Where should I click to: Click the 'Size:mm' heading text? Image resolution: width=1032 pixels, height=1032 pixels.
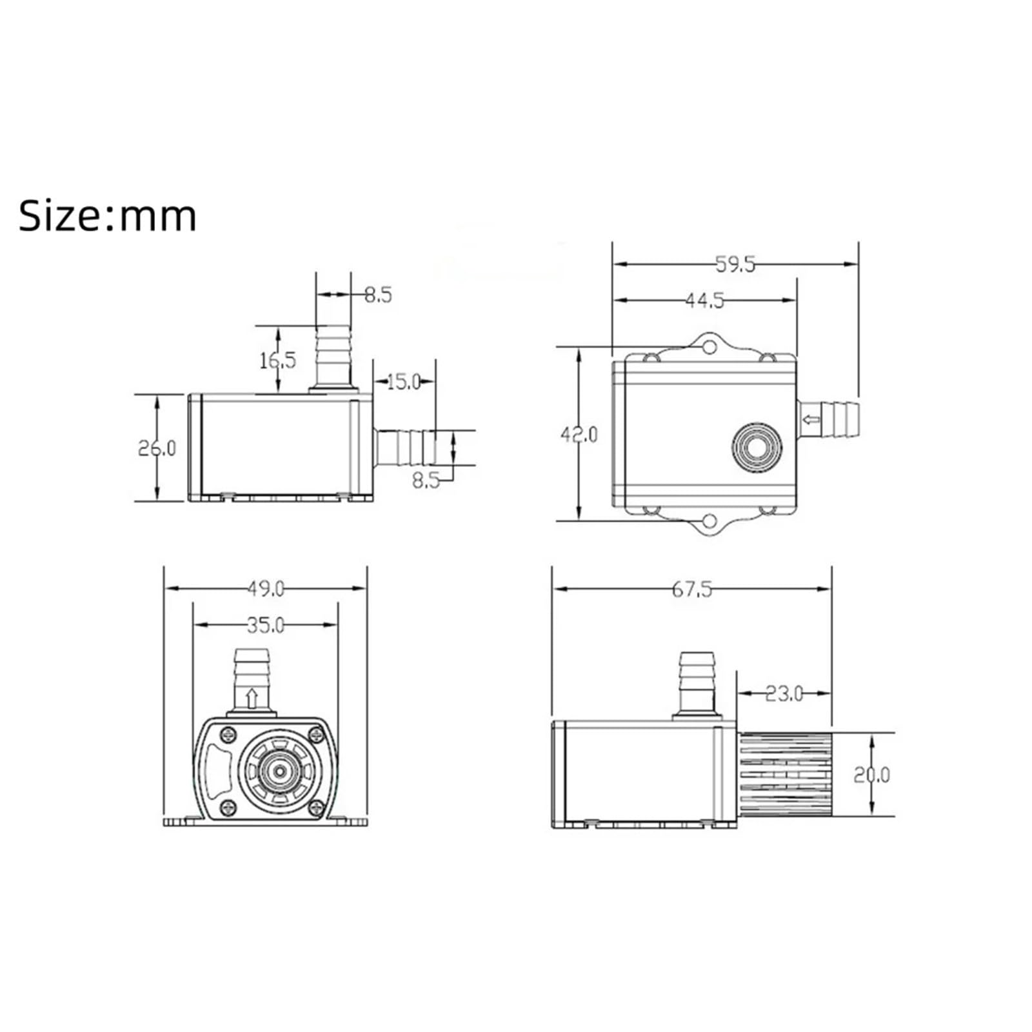pyautogui.click(x=107, y=216)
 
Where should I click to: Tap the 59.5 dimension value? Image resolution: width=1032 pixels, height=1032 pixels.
pyautogui.click(x=735, y=264)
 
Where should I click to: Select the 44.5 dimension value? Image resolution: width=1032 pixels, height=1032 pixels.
pyautogui.click(x=704, y=301)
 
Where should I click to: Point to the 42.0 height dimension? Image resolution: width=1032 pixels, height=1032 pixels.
pyautogui.click(x=579, y=435)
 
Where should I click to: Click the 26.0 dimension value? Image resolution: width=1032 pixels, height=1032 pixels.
pyautogui.click(x=157, y=448)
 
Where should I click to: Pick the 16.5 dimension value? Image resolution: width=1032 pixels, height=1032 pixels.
pyautogui.click(x=277, y=361)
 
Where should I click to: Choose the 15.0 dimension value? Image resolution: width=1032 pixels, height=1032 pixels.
pyautogui.click(x=404, y=382)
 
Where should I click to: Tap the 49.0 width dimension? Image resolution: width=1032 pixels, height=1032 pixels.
pyautogui.click(x=266, y=588)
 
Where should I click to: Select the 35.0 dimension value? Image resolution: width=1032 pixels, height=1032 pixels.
pyautogui.click(x=266, y=625)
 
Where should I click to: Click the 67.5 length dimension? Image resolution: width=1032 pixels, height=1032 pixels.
pyautogui.click(x=691, y=589)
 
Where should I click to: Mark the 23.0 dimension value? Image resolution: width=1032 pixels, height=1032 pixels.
pyautogui.click(x=784, y=693)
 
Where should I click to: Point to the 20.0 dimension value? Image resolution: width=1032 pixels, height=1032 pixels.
pyautogui.click(x=871, y=774)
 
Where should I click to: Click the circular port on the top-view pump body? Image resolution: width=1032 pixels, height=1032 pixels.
pyautogui.click(x=757, y=447)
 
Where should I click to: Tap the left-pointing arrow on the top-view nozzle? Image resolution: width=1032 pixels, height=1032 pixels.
pyautogui.click(x=811, y=421)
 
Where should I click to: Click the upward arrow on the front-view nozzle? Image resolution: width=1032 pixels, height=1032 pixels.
pyautogui.click(x=252, y=697)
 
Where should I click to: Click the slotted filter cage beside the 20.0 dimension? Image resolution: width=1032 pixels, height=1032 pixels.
pyautogui.click(x=783, y=774)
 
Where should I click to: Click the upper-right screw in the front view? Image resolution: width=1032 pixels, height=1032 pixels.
pyautogui.click(x=315, y=734)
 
